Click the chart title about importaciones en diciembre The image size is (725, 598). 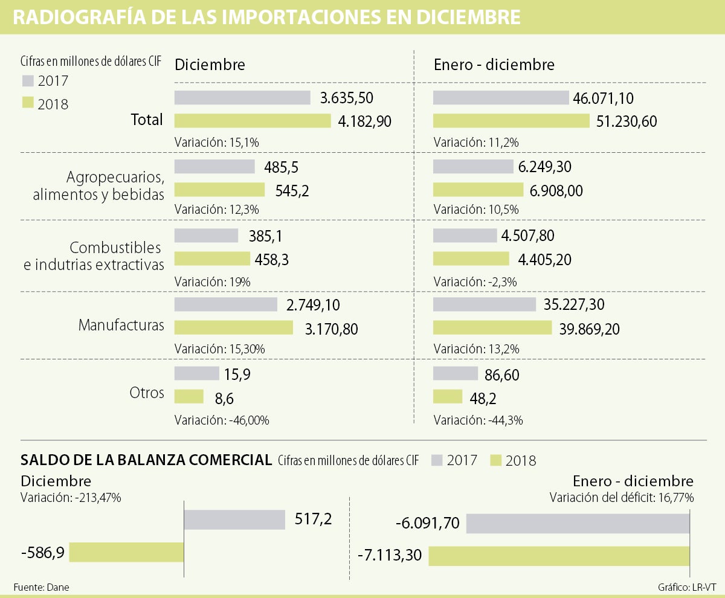[x=266, y=17]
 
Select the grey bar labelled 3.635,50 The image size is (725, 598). [x=242, y=98]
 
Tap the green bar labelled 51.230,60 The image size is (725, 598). [x=511, y=121]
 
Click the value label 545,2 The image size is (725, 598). [x=292, y=190]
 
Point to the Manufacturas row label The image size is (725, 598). [x=121, y=326]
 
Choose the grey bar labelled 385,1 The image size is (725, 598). [x=206, y=235]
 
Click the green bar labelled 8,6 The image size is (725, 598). [x=189, y=396]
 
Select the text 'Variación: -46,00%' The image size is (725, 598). [x=222, y=420]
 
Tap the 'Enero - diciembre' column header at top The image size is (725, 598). [x=494, y=65]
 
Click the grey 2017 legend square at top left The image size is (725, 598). [x=27, y=81]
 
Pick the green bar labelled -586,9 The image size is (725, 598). [x=126, y=552]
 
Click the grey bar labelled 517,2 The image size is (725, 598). [x=234, y=519]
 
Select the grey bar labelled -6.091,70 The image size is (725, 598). [x=578, y=523]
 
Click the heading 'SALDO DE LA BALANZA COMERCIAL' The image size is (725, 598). [x=146, y=460]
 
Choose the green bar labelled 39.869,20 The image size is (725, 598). [x=492, y=328]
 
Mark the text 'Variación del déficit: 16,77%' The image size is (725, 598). [x=621, y=498]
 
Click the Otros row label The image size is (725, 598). [x=147, y=393]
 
